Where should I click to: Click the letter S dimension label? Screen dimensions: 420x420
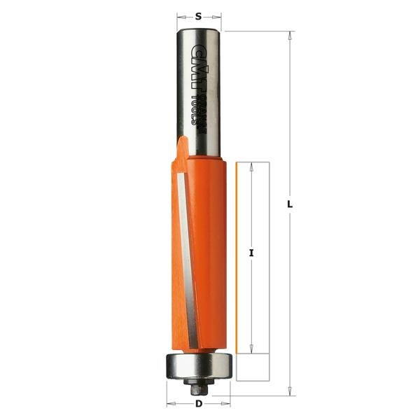click(199, 15)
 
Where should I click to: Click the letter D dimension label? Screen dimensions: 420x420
click(199, 404)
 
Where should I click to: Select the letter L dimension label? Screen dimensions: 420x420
click(290, 204)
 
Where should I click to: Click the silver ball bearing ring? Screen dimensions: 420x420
click(199, 366)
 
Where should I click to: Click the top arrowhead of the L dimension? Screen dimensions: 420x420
click(290, 34)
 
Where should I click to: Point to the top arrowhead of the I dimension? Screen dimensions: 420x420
click(251, 165)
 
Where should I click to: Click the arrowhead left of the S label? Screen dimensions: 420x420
click(179, 15)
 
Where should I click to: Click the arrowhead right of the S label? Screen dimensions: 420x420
click(218, 15)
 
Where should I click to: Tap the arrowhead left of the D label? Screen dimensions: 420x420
click(170, 404)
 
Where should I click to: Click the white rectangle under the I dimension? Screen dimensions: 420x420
click(253, 365)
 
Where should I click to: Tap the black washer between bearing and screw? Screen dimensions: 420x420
click(199, 379)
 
